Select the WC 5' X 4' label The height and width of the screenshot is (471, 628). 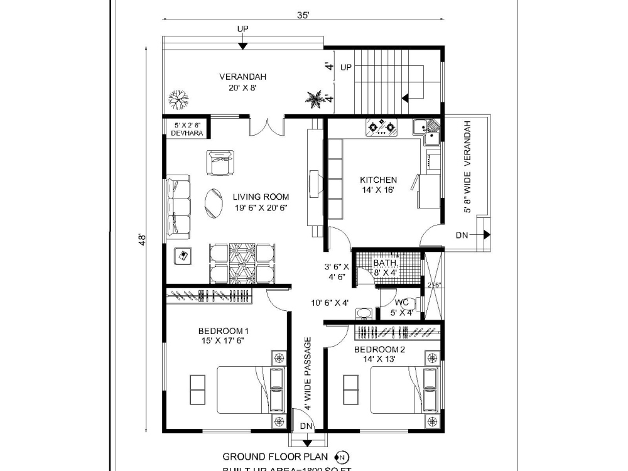(401, 308)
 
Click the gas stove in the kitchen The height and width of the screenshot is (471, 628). (382, 127)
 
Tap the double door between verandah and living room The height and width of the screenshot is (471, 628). (267, 126)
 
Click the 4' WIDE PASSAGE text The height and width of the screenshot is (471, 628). (308, 374)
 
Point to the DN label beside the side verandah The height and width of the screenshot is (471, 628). (462, 235)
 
